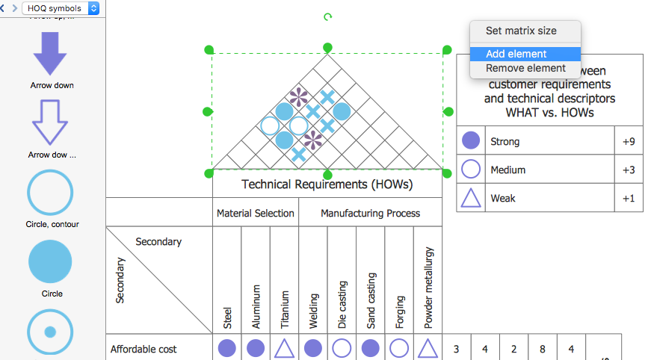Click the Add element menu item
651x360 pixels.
516,54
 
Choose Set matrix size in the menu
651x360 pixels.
521,31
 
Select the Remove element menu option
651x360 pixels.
525,69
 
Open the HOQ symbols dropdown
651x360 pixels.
61,8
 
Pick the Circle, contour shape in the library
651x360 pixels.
50,193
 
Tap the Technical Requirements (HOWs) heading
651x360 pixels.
327,184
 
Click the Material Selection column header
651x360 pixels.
256,213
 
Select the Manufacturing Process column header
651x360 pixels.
371,213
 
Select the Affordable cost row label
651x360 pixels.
144,349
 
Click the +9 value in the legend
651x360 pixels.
628,141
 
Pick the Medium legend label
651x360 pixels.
507,170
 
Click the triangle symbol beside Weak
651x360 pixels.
471,198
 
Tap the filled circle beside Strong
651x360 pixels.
471,141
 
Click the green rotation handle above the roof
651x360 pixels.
327,16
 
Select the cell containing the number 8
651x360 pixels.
543,349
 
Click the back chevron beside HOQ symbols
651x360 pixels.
4,8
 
